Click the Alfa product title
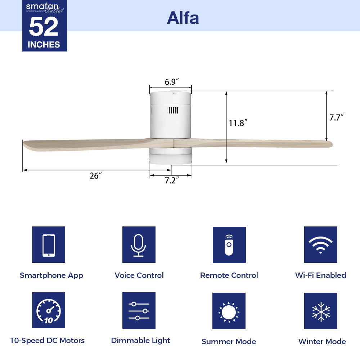[183, 18]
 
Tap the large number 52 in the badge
[44, 27]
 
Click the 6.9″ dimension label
[172, 82]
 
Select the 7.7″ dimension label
[337, 117]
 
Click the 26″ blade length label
[95, 176]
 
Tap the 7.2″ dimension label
[172, 180]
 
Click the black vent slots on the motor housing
[173, 110]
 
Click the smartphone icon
[49, 245]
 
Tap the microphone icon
[139, 245]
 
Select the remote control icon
[229, 245]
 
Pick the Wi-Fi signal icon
[320, 245]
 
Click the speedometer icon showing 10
[49, 310]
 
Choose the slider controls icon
[139, 310]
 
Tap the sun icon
[229, 311]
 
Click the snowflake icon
[320, 311]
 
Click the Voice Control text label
[139, 275]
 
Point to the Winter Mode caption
[322, 341]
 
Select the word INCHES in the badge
[44, 45]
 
